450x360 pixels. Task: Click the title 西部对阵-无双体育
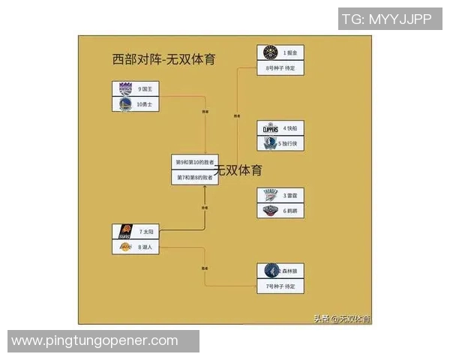click(x=164, y=59)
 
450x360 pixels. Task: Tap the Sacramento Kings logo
click(x=125, y=88)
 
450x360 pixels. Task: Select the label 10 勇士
click(x=145, y=104)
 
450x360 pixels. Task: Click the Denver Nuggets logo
click(x=270, y=52)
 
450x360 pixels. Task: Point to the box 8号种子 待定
click(x=280, y=67)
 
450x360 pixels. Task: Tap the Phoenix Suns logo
click(x=125, y=232)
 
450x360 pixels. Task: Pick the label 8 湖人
click(x=145, y=247)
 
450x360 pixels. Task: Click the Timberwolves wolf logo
click(x=270, y=271)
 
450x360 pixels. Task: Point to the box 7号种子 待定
click(x=280, y=286)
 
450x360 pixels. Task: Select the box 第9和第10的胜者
click(x=194, y=162)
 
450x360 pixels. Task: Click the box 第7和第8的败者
click(x=194, y=178)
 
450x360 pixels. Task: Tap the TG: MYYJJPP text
click(x=387, y=19)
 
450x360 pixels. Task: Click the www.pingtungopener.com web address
click(x=94, y=341)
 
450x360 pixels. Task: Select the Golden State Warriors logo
click(x=125, y=104)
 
